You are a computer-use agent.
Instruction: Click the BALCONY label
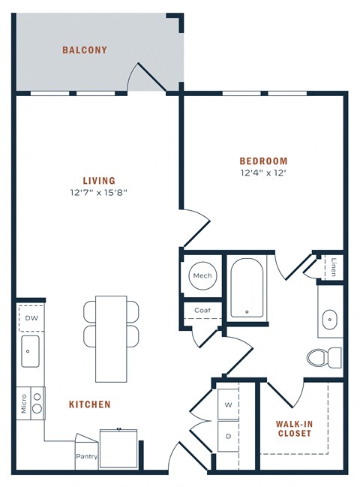[x=84, y=50]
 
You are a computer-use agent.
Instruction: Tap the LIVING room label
[x=99, y=180]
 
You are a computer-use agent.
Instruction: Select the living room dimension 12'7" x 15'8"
[x=99, y=192]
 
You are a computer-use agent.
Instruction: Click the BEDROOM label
[x=263, y=161]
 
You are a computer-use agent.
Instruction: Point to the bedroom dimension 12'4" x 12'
[x=263, y=173]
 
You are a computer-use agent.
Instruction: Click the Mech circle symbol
[x=202, y=275]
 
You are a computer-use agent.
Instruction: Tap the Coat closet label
[x=202, y=310]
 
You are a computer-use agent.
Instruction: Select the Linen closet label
[x=333, y=266]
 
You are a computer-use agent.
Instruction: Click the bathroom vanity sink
[x=330, y=319]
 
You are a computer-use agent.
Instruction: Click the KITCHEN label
[x=90, y=404]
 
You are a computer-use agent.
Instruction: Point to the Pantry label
[x=86, y=455]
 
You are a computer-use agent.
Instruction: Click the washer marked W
[x=228, y=404]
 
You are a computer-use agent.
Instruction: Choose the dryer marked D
[x=228, y=434]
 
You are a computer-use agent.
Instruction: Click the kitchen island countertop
[x=112, y=337]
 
